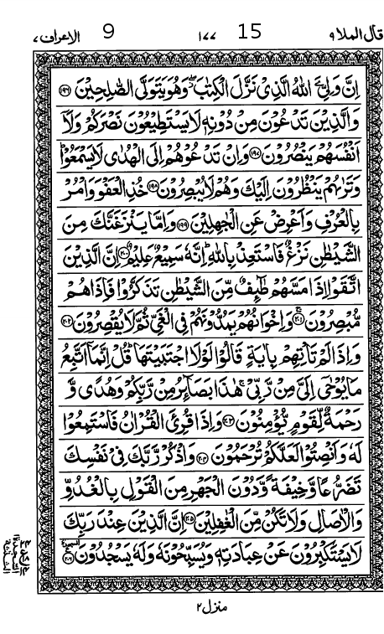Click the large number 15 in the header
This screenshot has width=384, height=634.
249,33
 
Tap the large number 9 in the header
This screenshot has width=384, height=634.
108,33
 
